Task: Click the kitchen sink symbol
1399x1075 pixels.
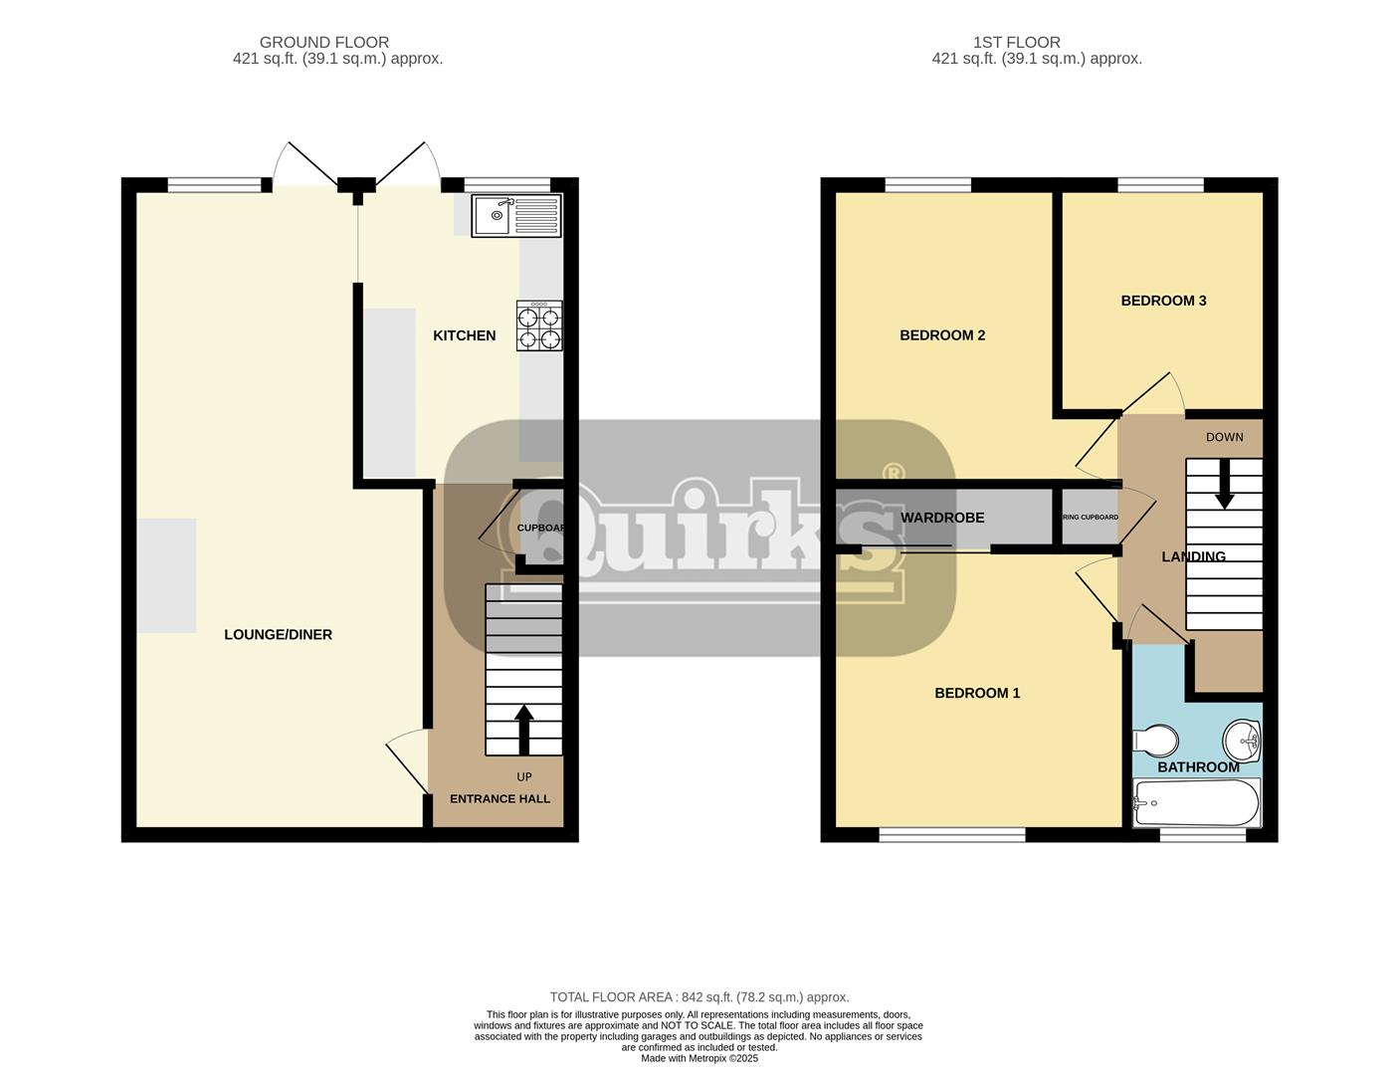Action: [516, 215]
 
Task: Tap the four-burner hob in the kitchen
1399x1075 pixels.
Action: [538, 326]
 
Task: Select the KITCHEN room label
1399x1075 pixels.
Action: [464, 335]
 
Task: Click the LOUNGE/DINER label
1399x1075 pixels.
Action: [278, 634]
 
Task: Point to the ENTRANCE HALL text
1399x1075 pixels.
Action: [500, 798]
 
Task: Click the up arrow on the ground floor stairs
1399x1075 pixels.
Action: [523, 730]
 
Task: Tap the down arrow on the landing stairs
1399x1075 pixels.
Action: [1224, 483]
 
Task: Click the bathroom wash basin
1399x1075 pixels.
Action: [1241, 740]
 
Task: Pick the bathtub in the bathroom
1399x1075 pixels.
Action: [1196, 802]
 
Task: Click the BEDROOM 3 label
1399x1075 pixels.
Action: [1163, 301]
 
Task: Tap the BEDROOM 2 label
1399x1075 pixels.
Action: [942, 335]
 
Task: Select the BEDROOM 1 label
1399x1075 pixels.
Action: [977, 693]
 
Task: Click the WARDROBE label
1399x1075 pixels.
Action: [942, 518]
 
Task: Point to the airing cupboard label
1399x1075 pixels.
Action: [1090, 518]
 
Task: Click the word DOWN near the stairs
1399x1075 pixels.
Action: [1224, 437]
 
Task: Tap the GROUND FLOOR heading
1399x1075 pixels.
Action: [323, 42]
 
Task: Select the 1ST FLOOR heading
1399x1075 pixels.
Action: [1016, 42]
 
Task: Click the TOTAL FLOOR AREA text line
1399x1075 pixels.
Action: [699, 996]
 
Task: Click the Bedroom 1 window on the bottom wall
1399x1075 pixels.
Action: [951, 835]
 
